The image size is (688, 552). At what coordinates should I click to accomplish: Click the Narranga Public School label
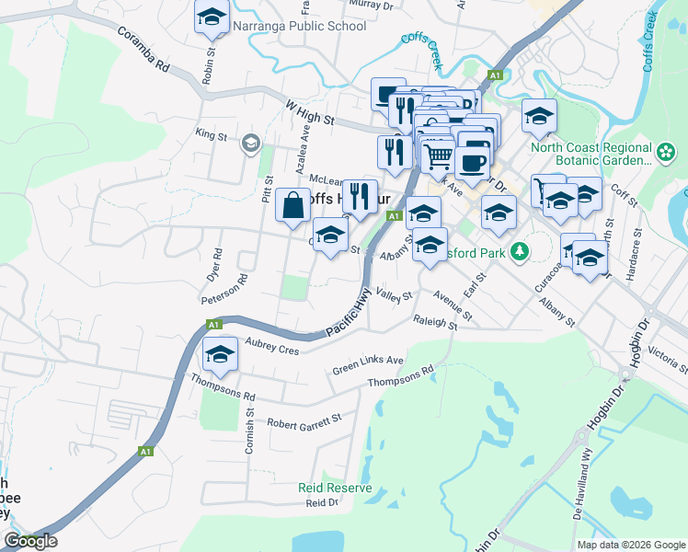299,26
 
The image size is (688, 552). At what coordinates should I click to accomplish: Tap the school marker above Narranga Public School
212,17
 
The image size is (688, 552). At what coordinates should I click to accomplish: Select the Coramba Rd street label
144,49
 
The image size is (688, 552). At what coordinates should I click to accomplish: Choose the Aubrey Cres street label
273,346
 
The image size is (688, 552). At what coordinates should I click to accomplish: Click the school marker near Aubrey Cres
220,354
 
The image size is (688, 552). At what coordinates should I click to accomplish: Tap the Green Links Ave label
368,364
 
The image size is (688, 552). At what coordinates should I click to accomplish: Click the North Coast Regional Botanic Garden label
591,153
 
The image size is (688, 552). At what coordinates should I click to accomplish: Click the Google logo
30,541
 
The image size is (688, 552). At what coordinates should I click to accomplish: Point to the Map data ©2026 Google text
630,545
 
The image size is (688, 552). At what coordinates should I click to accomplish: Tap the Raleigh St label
435,323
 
